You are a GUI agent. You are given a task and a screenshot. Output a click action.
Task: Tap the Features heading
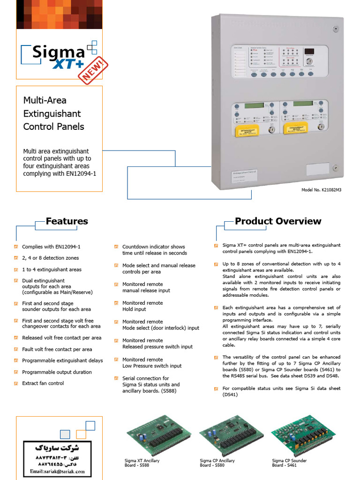(x=67, y=221)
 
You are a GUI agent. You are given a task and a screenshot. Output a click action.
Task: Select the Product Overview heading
(x=278, y=221)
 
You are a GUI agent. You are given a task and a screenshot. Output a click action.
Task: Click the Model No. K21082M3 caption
(x=322, y=190)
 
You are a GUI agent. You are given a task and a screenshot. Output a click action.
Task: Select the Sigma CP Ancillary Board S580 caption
(x=217, y=463)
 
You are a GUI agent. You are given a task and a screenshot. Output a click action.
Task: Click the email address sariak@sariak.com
(x=57, y=471)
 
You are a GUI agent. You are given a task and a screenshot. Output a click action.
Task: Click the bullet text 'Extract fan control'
(x=43, y=383)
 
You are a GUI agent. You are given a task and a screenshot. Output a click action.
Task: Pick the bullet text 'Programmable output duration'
(x=57, y=372)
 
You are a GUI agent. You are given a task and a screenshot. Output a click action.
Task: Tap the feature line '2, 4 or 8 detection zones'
(x=50, y=258)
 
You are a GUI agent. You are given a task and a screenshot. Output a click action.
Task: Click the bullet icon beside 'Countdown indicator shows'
(x=117, y=247)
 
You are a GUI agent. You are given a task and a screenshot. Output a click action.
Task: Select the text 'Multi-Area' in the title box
(x=45, y=100)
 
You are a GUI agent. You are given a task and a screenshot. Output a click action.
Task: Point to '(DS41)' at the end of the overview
(x=230, y=395)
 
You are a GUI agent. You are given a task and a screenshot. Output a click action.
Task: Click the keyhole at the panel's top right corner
(x=336, y=29)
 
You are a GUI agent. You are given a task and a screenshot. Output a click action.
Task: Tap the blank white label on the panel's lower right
(x=317, y=169)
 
